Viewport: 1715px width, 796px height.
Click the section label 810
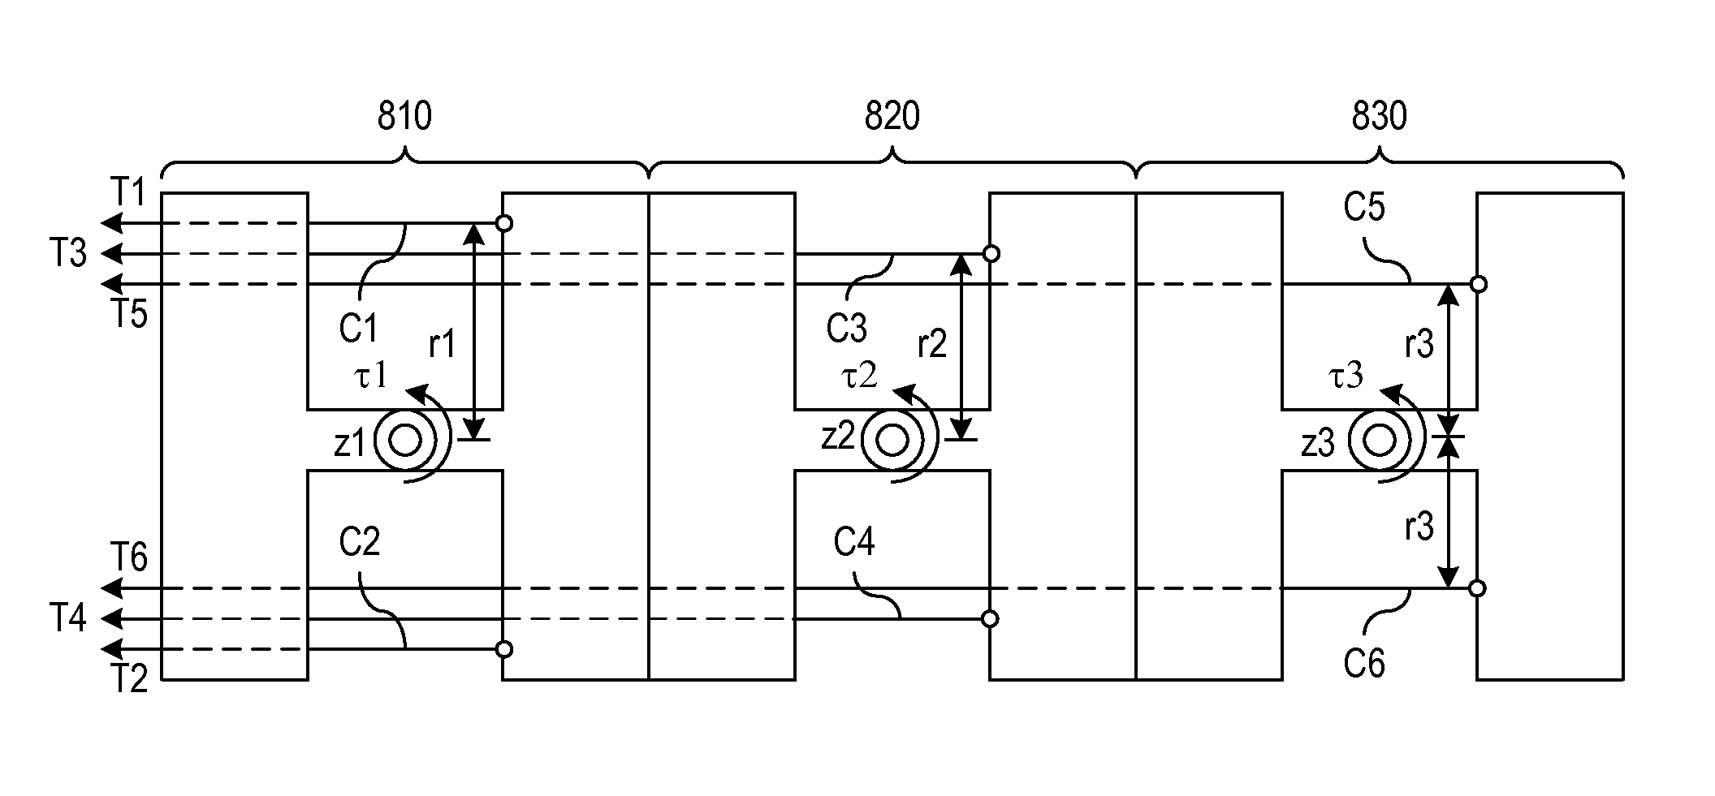(x=404, y=117)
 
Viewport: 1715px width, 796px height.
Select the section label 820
(x=892, y=117)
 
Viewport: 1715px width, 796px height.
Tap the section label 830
(x=1379, y=117)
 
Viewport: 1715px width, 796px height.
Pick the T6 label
(x=128, y=558)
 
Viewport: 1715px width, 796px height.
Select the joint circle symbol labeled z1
(x=405, y=441)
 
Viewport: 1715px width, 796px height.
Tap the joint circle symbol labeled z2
(x=892, y=441)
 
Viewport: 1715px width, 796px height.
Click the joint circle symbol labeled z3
(x=1379, y=441)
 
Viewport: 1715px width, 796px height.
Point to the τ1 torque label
(x=372, y=376)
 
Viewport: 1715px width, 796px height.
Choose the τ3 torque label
(x=1346, y=376)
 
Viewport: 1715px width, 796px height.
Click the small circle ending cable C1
(x=504, y=223)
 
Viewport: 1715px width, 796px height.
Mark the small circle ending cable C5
(x=1479, y=284)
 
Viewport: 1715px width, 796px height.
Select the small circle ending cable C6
(x=1478, y=588)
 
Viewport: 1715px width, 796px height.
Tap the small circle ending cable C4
(x=990, y=619)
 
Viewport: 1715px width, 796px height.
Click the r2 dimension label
(x=932, y=345)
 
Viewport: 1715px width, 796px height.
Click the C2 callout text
(x=360, y=542)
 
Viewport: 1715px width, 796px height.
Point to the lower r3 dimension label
(x=1419, y=527)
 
